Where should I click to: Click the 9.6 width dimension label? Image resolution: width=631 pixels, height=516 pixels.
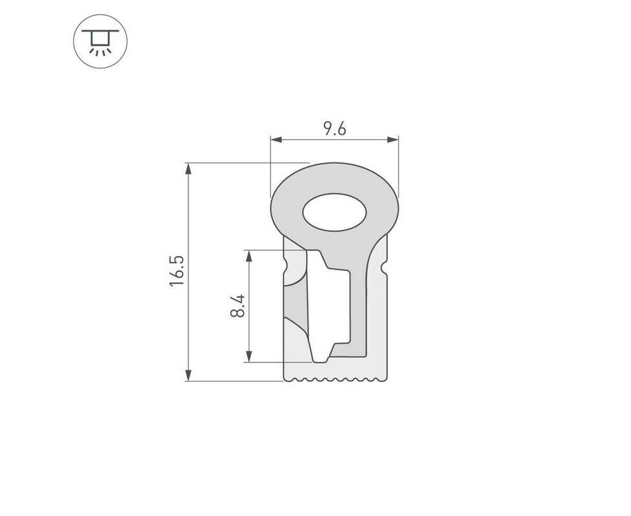[x=335, y=129]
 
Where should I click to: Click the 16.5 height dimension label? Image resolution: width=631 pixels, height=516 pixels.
[x=177, y=271]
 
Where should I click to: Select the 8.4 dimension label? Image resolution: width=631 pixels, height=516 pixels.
[x=237, y=306]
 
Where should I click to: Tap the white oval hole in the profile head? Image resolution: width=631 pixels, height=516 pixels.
[x=334, y=212]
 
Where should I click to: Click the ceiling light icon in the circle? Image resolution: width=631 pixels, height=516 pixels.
[x=100, y=41]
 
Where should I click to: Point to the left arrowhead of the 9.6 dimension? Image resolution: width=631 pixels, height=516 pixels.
[x=276, y=139]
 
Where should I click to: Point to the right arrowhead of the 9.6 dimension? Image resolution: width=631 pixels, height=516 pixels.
[x=393, y=139]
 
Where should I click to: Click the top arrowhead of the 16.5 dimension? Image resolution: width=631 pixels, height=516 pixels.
[x=188, y=169]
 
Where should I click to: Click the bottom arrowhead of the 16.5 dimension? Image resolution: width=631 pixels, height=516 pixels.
[x=188, y=375]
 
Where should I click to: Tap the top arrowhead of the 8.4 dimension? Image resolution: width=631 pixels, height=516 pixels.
[x=249, y=256]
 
